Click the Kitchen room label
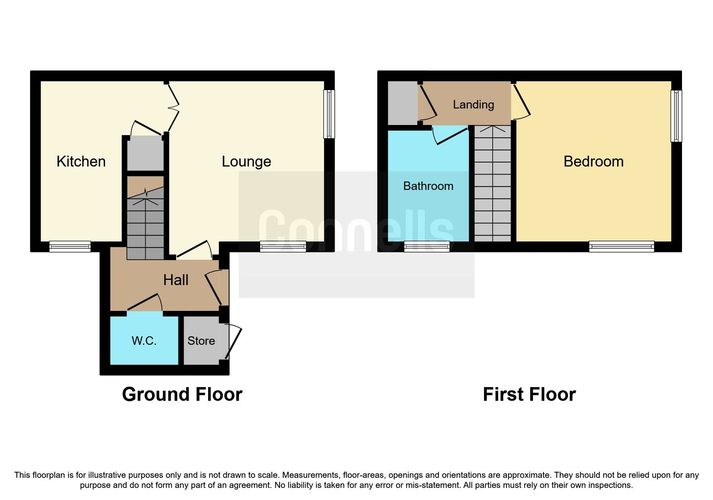(x=81, y=161)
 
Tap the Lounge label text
(x=246, y=161)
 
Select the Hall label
(x=176, y=280)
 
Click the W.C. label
(x=144, y=341)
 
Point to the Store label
(x=201, y=341)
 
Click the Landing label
(x=473, y=104)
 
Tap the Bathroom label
(x=428, y=186)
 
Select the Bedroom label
(x=593, y=161)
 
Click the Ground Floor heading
(x=182, y=394)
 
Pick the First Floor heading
(x=529, y=394)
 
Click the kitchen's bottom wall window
(x=70, y=246)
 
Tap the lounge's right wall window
(x=329, y=114)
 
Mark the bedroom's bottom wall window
(x=621, y=246)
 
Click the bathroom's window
(x=427, y=246)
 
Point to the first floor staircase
(x=492, y=184)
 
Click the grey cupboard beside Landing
(x=402, y=103)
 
